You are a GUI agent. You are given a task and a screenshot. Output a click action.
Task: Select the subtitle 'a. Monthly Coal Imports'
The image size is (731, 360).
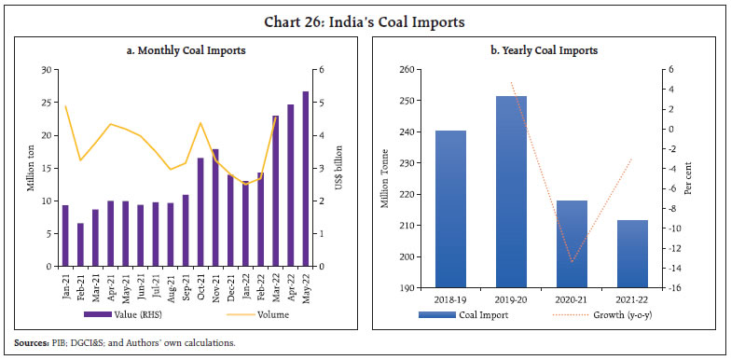tap(186, 50)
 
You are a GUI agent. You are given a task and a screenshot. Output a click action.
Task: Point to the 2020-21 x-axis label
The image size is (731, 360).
tap(571, 299)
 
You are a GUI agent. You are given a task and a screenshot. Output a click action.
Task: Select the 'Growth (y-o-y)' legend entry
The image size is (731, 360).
tap(606, 314)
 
